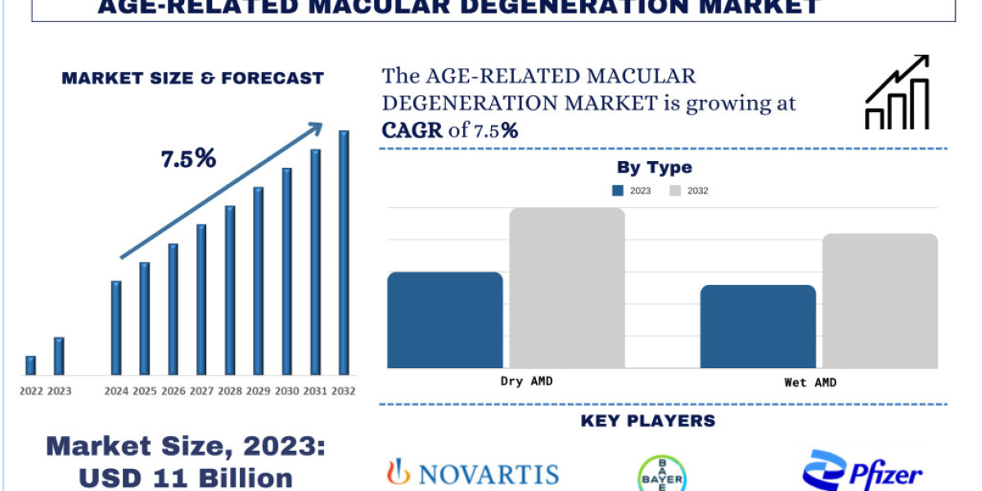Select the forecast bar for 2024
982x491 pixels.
(116, 327)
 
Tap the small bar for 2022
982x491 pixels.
(31, 366)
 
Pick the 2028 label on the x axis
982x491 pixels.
(230, 391)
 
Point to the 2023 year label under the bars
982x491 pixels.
(59, 391)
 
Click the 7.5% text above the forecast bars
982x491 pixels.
(188, 160)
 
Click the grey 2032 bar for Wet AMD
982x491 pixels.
(880, 300)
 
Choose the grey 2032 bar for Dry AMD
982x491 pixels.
(567, 287)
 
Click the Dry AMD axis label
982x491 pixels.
(526, 381)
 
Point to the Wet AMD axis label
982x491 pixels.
(810, 382)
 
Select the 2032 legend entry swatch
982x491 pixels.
(675, 191)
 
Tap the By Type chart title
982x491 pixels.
(654, 168)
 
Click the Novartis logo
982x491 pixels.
(472, 472)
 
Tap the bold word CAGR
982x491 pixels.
(411, 129)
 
